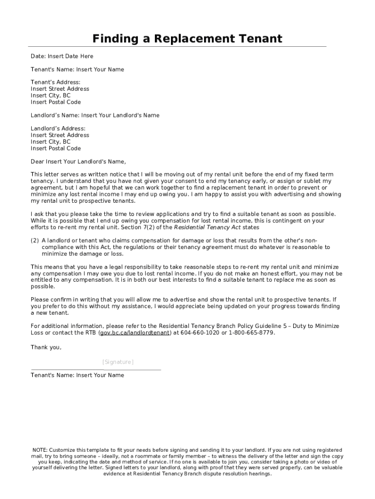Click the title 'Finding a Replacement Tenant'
[x=187, y=38]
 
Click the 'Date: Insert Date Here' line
[x=62, y=56]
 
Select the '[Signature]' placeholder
[x=118, y=362]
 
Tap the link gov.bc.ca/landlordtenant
[x=135, y=332]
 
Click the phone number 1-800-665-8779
[x=253, y=332]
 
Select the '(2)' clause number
[x=35, y=240]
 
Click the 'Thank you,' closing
[x=46, y=347]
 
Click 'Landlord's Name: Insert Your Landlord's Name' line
[x=95, y=115]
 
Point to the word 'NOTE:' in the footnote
[x=40, y=450]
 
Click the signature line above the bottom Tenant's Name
[x=95, y=370]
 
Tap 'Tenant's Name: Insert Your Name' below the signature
[x=77, y=375]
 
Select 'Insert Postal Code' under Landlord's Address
[x=56, y=148]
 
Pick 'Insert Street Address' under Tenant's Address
[x=60, y=89]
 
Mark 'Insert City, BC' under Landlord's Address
[x=51, y=142]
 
